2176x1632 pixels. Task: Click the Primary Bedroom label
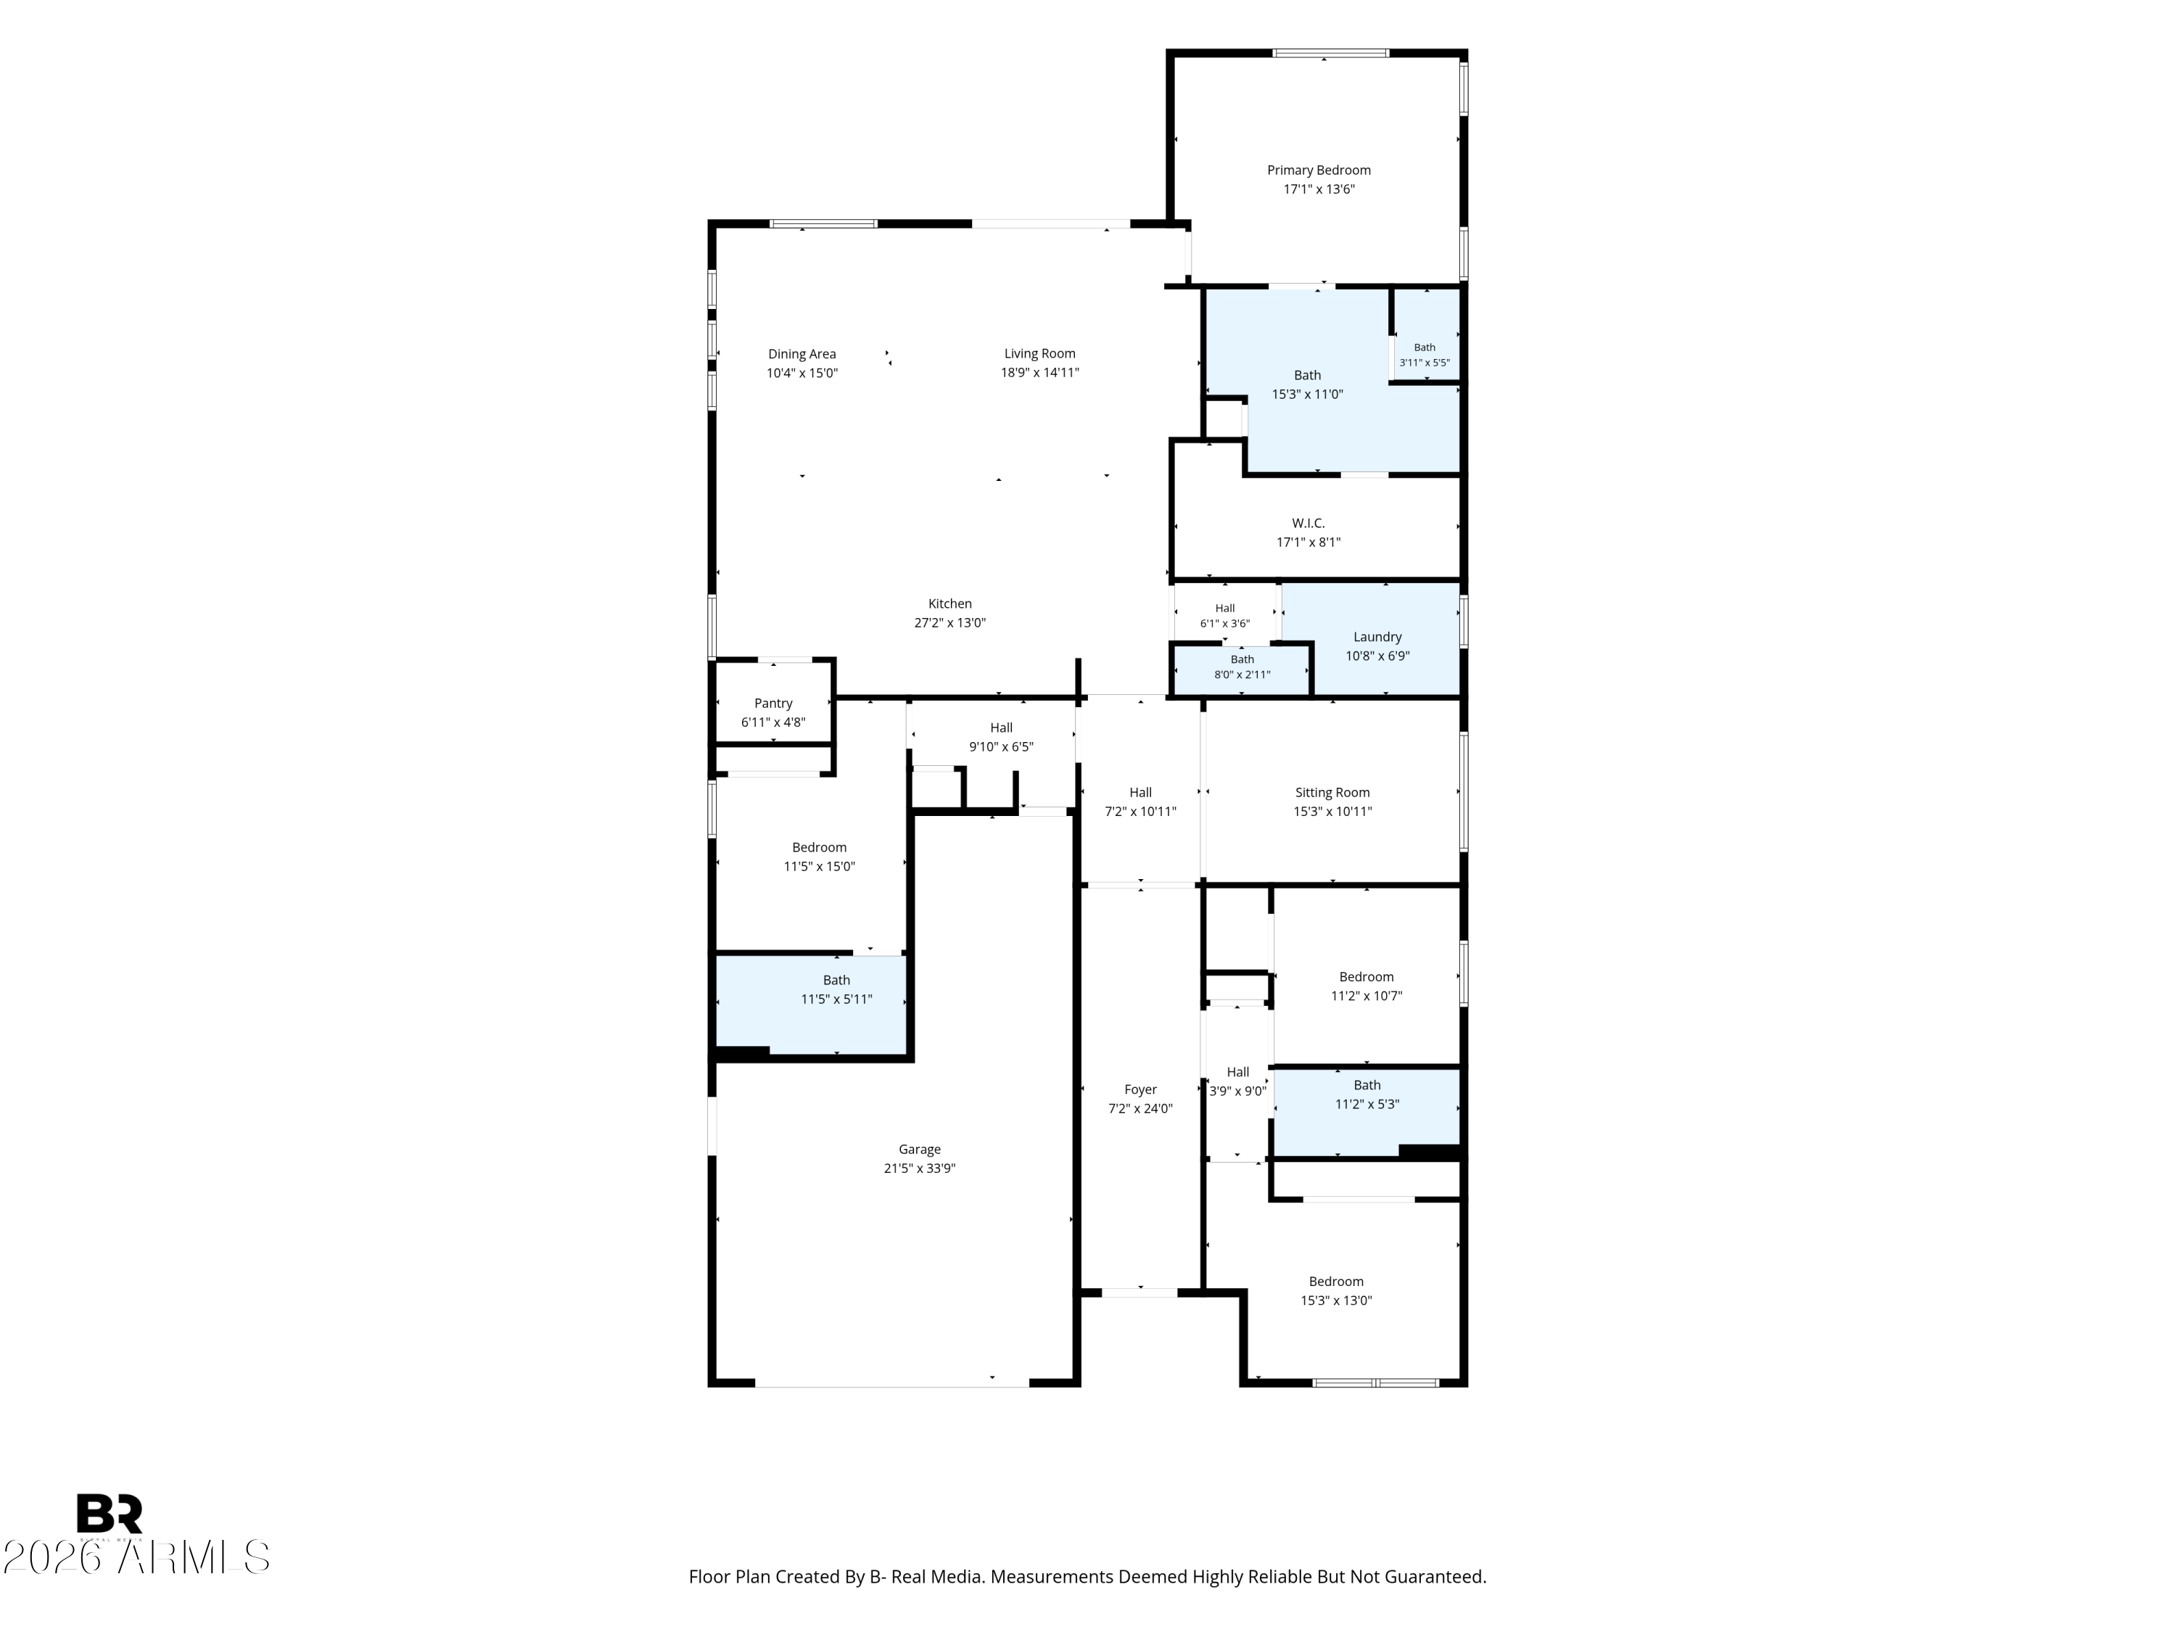1318,170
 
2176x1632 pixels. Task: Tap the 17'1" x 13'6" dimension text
1318,189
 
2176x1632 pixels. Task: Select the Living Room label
1040,353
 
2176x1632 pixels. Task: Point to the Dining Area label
801,354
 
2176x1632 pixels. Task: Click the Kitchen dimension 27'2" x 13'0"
949,622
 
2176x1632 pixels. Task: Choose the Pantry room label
773,704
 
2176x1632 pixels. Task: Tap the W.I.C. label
1309,524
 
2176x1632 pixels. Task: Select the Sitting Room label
1332,793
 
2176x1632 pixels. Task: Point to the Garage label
919,1149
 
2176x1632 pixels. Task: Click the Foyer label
1140,1090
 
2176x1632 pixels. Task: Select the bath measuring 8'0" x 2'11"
1242,667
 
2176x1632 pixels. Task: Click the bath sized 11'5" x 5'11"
836,989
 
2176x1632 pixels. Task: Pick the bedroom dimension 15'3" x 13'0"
1336,1301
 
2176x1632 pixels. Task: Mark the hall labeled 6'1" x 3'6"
1225,616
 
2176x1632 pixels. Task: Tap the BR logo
110,1513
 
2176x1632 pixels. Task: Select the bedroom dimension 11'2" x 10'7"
1367,996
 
